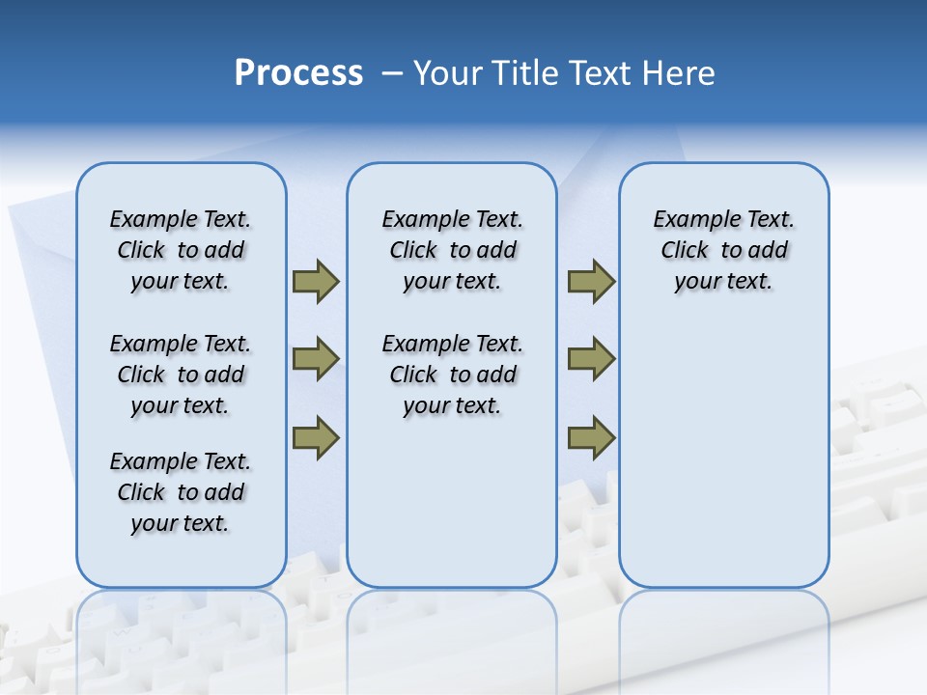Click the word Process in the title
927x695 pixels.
(298, 73)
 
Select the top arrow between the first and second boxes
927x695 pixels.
(316, 281)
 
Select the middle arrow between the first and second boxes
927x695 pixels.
(316, 359)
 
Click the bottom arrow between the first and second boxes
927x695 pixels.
(316, 437)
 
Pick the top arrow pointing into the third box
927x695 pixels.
(591, 281)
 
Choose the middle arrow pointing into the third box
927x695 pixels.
(591, 359)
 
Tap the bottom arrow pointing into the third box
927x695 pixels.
(591, 437)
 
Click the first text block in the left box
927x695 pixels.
(181, 250)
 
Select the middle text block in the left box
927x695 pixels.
(181, 375)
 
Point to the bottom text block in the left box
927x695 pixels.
(181, 492)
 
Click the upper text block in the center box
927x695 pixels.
(452, 250)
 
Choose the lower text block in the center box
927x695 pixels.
(452, 375)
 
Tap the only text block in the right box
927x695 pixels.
(723, 250)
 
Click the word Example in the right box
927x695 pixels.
(688, 220)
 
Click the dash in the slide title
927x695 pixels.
(392, 73)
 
